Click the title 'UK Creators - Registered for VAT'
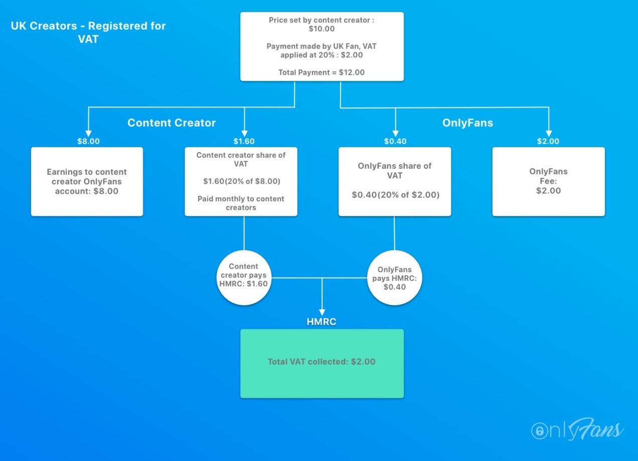point(88,32)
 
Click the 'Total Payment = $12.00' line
point(322,72)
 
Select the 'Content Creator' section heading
point(172,123)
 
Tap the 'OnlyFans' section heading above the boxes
point(467,123)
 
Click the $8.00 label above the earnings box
point(89,141)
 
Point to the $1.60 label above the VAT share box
point(244,141)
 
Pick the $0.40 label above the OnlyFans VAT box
point(395,141)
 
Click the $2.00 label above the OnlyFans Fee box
point(548,141)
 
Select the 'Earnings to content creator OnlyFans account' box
point(87,182)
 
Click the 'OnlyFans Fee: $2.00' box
point(549,182)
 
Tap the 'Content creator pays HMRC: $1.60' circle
point(244,278)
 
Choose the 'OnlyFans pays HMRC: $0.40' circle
point(394,278)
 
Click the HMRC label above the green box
point(322,321)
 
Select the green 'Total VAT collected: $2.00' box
point(322,364)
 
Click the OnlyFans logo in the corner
point(577,429)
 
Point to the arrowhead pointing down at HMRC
point(322,312)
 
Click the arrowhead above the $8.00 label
point(89,134)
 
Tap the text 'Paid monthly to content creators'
point(241,203)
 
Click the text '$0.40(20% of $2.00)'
point(396,195)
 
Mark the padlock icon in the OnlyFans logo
point(540,431)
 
